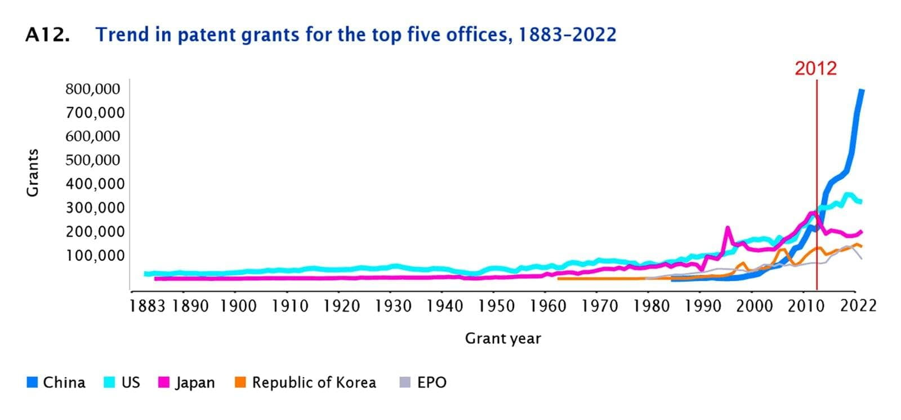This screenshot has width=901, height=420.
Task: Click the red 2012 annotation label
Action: (815, 69)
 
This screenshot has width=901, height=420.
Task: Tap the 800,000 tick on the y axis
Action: (93, 89)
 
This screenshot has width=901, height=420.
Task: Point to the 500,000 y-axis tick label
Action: (93, 160)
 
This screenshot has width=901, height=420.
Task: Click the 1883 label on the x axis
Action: (147, 306)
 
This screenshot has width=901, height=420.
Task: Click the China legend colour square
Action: (32, 383)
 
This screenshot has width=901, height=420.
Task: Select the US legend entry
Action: (130, 383)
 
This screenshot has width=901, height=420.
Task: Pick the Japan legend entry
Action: (195, 383)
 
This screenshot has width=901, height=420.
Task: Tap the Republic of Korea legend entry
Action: (314, 383)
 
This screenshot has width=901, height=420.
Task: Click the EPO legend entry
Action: (431, 383)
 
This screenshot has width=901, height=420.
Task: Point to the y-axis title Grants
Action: (33, 173)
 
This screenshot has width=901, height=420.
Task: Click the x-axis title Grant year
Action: (503, 339)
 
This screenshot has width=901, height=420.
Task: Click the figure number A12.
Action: (48, 35)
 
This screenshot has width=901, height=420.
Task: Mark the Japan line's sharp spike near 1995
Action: (728, 228)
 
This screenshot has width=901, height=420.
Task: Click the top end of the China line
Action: (862, 90)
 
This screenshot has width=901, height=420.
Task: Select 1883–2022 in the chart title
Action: (567, 35)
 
